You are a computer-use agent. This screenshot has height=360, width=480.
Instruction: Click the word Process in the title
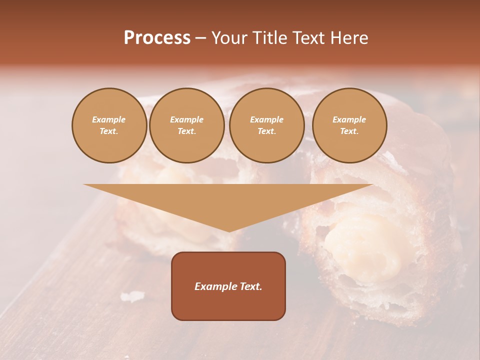click(x=157, y=38)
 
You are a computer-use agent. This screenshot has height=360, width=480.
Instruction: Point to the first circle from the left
click(x=109, y=125)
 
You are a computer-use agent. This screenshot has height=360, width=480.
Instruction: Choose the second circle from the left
click(x=186, y=125)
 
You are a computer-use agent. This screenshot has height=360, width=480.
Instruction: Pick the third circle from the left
click(x=266, y=125)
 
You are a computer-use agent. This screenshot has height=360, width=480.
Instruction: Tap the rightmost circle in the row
click(x=349, y=125)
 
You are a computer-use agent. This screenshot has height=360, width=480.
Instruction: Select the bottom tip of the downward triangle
click(x=229, y=230)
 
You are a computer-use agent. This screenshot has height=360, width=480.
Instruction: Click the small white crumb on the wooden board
click(x=132, y=296)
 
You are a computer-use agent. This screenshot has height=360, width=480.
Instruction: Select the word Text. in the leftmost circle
click(x=109, y=131)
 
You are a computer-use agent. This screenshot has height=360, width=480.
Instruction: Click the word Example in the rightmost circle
click(x=349, y=119)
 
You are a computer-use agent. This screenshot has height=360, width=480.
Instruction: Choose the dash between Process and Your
click(x=200, y=38)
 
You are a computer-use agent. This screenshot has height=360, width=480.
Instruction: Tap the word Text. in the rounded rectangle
click(x=251, y=286)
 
